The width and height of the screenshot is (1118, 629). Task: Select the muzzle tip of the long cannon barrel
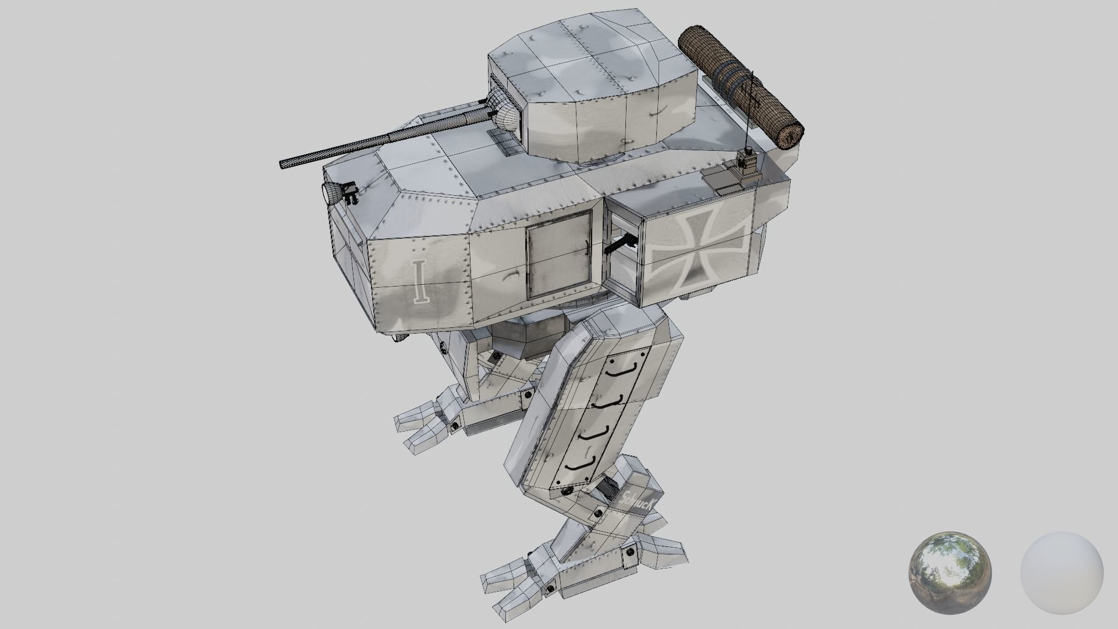click(x=283, y=164)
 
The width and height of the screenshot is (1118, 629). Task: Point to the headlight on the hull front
click(x=331, y=193)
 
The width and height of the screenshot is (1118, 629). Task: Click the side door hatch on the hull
click(x=558, y=251)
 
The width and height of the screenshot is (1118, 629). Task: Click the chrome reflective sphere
click(x=950, y=571)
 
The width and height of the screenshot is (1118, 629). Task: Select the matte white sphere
click(x=1062, y=571)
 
